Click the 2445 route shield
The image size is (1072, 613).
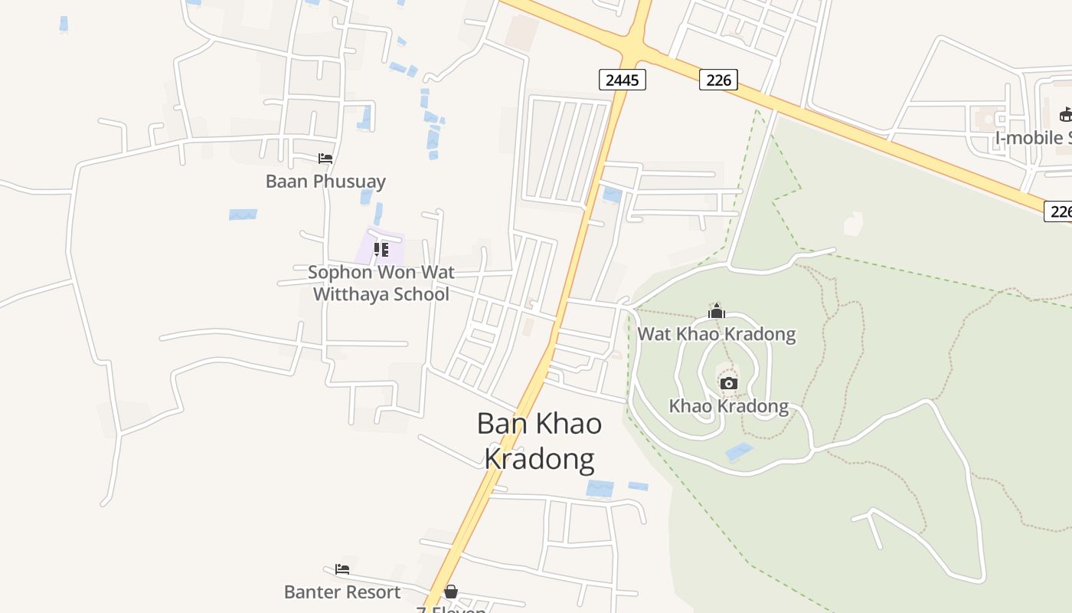point(622,79)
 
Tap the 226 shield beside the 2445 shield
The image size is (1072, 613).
point(717,79)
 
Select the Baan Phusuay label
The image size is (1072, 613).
point(325,182)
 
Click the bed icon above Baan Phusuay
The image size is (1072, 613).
point(325,159)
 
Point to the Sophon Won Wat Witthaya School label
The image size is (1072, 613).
point(381,283)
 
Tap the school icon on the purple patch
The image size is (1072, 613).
point(381,249)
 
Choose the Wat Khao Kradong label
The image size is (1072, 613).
point(716,334)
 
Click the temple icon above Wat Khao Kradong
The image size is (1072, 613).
point(716,311)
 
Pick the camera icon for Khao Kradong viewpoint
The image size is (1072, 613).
point(729,383)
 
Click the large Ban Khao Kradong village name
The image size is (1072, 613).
point(539,441)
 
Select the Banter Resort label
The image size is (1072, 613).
point(342,592)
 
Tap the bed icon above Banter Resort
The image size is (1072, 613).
point(342,569)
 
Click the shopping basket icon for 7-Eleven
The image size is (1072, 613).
point(451,592)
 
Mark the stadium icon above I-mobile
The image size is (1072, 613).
point(1065,115)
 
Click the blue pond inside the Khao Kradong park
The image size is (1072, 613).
point(739,452)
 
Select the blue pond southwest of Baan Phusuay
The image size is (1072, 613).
point(243,215)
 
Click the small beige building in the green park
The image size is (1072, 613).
point(852,224)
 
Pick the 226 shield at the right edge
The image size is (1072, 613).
point(1059,211)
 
